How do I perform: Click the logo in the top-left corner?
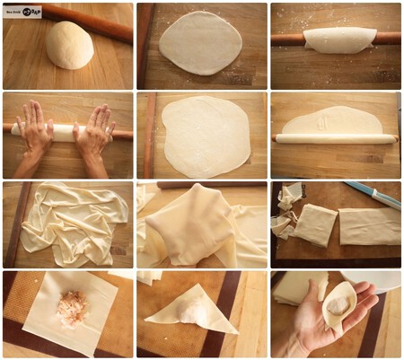point(23,11)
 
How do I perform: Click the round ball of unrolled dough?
point(70,45)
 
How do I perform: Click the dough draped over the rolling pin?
point(338,37)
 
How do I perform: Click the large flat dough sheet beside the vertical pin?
point(206,135)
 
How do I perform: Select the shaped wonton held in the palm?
point(339,305)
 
